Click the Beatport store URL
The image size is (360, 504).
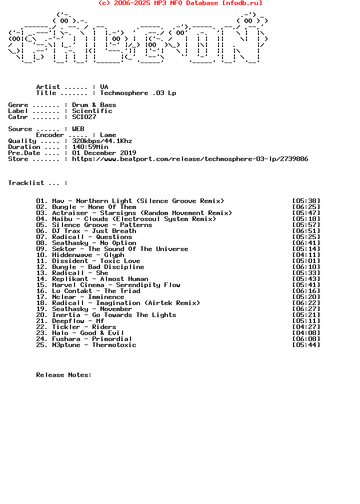(190, 159)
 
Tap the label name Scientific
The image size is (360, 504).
(92, 111)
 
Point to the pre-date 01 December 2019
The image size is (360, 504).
(104, 153)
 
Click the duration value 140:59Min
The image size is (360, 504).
(90, 147)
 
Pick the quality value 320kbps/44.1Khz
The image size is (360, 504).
(102, 141)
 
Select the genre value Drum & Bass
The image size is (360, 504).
(94, 105)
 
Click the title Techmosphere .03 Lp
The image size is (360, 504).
(138, 93)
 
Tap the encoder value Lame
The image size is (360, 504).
(108, 135)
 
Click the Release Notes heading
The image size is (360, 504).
(64, 375)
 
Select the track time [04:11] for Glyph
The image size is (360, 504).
(306, 255)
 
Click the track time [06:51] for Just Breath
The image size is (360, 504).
(306, 231)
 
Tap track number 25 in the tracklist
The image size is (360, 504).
(42, 345)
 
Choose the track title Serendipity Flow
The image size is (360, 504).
(148, 285)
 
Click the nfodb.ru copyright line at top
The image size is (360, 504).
(180, 3)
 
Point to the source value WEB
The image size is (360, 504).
(78, 129)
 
